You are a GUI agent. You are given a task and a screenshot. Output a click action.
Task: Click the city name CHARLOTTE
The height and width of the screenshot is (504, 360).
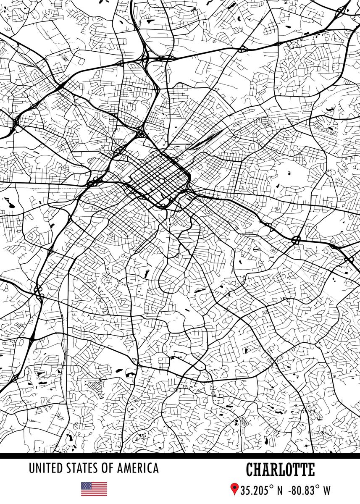[280, 470]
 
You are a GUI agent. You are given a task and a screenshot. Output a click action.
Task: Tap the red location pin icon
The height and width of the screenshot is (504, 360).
[234, 489]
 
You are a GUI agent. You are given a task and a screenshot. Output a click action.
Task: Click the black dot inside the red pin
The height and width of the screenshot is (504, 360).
[234, 487]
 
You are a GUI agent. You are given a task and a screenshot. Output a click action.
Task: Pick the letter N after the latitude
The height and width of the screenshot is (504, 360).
[280, 490]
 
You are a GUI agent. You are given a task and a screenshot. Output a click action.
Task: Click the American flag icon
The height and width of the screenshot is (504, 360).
[94, 488]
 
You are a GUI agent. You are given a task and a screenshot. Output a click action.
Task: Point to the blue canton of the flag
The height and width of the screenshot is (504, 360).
[86, 485]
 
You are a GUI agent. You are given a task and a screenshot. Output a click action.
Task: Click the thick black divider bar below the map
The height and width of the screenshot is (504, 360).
[180, 456]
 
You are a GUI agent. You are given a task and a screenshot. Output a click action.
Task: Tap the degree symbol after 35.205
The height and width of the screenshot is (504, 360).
[271, 486]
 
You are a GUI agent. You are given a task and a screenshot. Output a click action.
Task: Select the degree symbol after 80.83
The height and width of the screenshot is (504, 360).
[318, 486]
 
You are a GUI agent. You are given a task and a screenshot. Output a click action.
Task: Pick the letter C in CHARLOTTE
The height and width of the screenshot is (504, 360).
[250, 470]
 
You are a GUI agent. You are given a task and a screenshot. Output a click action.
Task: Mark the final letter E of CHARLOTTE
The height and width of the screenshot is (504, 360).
[311, 470]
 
